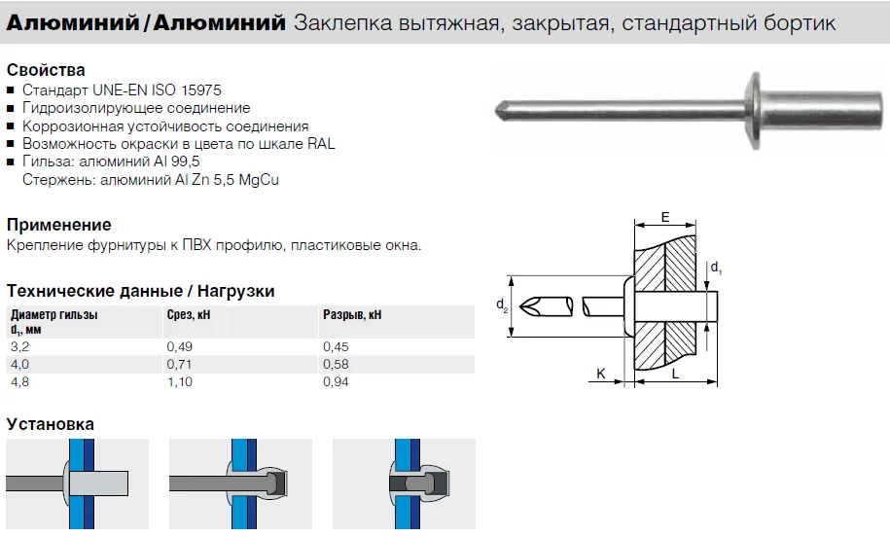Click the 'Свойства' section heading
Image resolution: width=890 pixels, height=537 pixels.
click(46, 70)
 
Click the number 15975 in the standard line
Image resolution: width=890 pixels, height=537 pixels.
click(201, 90)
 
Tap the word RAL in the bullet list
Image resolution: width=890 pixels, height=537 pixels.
click(321, 144)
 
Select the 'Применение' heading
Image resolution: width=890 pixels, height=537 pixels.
click(59, 225)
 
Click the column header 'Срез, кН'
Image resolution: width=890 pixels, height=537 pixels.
click(189, 314)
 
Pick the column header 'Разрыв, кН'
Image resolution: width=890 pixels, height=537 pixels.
click(352, 314)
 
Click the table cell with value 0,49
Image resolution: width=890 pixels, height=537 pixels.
click(179, 347)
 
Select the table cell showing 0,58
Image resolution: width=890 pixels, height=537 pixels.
click(336, 365)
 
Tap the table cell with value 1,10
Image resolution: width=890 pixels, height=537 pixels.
click(179, 382)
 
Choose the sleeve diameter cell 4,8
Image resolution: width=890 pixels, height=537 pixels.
click(19, 382)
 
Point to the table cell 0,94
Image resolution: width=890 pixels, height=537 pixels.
click(336, 382)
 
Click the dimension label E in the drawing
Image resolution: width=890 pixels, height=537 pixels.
click(665, 217)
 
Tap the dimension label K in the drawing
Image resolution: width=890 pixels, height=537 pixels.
click(600, 374)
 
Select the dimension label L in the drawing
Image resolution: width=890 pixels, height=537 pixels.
click(675, 374)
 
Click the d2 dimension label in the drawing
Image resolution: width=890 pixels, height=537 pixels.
click(502, 305)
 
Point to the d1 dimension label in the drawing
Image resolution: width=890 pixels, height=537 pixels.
click(716, 268)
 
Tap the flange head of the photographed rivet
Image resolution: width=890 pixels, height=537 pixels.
click(755, 111)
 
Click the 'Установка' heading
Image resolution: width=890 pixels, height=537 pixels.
click(51, 424)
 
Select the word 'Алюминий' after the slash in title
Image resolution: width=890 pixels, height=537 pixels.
click(220, 22)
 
